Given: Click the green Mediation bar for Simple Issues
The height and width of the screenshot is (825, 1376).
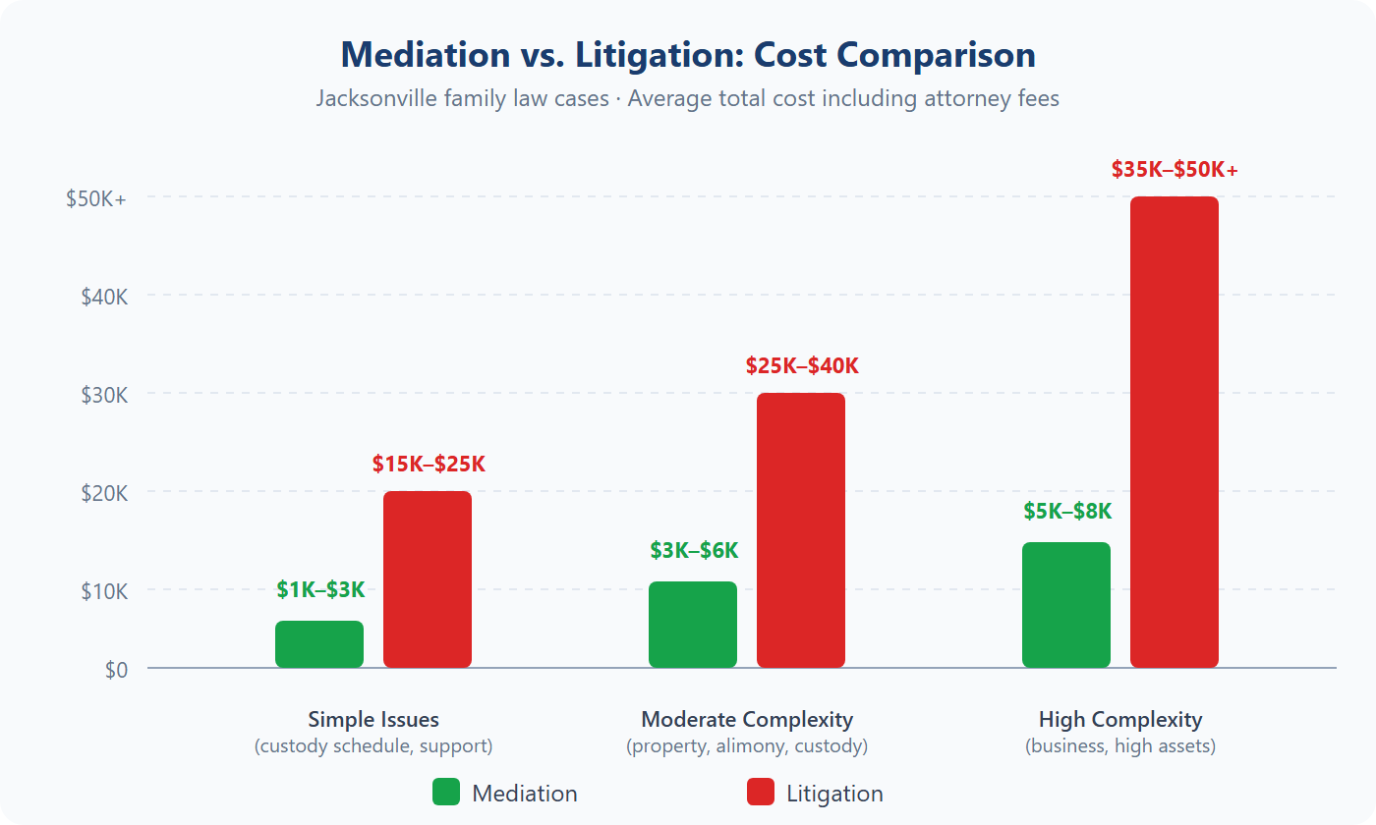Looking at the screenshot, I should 319,644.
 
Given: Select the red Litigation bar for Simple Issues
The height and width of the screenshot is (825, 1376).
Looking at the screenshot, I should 428,579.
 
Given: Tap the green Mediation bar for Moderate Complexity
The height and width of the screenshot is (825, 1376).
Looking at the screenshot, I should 693,625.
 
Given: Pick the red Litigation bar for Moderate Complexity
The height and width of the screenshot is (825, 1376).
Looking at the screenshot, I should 801,530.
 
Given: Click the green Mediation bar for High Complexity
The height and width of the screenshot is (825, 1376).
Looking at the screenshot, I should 1066,605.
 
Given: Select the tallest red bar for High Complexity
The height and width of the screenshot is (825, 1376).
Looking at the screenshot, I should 1175,432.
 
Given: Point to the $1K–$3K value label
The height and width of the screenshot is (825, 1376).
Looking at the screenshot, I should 320,590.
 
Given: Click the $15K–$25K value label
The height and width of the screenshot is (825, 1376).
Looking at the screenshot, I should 429,465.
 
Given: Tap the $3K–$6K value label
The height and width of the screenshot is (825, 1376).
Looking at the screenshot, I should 694,551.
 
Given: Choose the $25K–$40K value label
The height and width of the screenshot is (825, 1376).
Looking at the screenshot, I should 802,366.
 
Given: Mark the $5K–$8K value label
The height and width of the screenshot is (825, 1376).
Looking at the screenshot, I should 1067,512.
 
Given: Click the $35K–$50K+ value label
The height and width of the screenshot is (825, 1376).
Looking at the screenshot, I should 1175,170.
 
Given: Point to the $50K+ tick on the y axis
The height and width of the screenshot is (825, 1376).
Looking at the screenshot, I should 96,197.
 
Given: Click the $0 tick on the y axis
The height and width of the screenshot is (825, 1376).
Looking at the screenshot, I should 116,670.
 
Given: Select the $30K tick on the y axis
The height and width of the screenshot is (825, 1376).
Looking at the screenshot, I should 104,395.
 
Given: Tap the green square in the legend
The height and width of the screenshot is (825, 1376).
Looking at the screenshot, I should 446,793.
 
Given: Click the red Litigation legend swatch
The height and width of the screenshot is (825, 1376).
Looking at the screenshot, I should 761,793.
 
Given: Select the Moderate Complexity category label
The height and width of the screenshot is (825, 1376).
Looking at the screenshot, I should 747,719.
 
